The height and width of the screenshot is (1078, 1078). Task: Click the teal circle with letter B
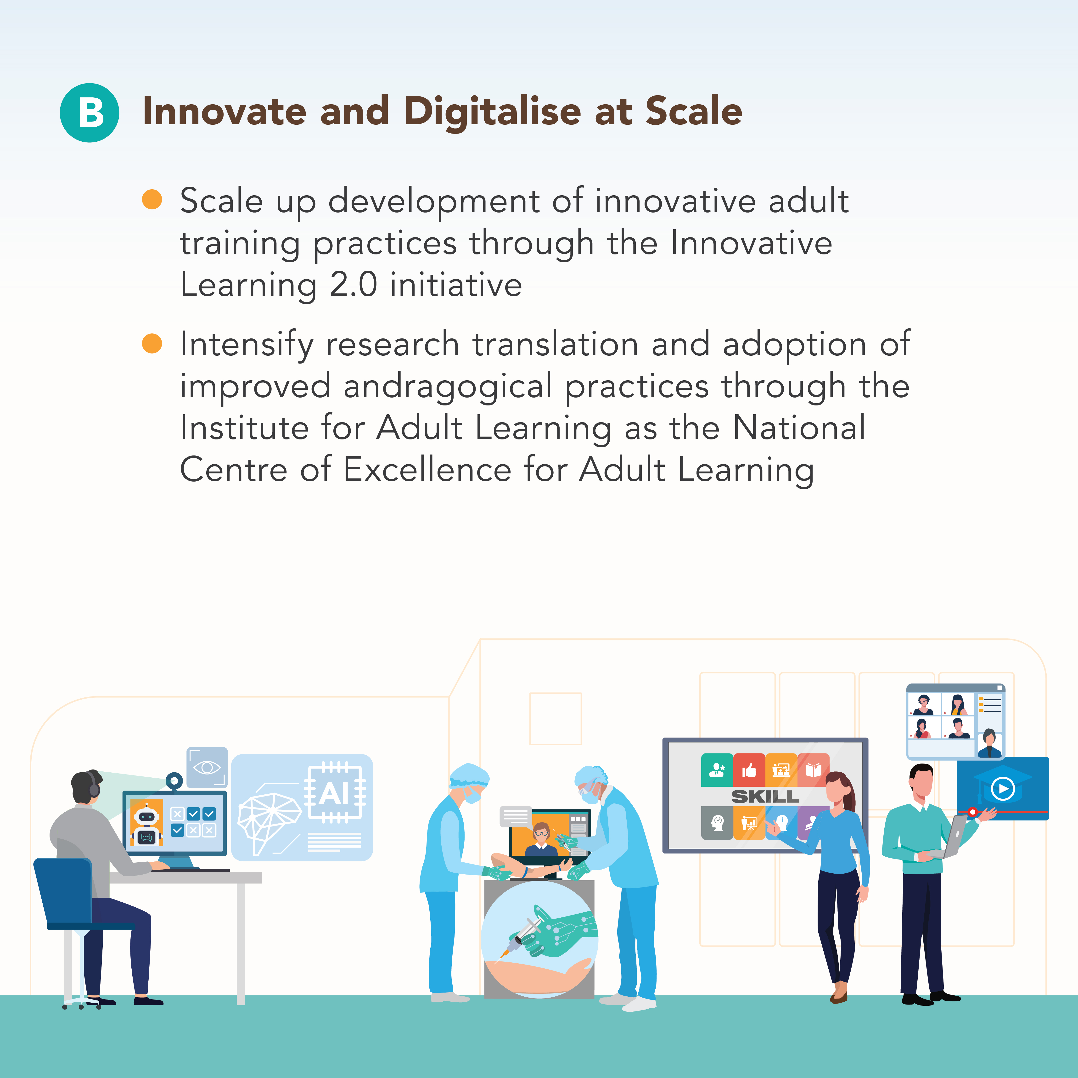89,113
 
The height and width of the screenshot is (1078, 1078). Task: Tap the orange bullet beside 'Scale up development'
152,199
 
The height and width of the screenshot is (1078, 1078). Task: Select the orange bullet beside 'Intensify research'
152,343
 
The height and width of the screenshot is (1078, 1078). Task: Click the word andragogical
448,386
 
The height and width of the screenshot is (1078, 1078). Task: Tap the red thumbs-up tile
749,770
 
